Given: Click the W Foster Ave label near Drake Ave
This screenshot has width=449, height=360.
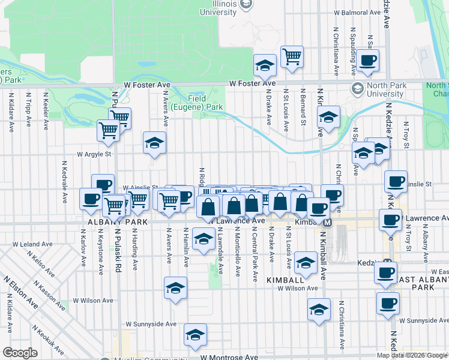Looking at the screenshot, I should point(252,83).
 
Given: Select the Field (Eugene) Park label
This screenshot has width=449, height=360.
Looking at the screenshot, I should point(197,103).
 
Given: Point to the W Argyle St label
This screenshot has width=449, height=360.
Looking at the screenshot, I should point(94,154).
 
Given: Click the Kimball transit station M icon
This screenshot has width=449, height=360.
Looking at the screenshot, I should point(328,223).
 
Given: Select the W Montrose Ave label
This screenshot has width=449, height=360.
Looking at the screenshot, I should point(229,356).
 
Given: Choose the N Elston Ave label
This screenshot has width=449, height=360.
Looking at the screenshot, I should point(20,293).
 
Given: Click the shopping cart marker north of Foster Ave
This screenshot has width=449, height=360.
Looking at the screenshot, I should point(292,57).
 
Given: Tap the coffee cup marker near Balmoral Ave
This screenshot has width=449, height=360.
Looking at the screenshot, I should point(369,60).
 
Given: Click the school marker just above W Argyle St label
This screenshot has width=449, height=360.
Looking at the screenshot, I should point(154,143).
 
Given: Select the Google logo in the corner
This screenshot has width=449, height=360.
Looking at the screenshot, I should point(20,352).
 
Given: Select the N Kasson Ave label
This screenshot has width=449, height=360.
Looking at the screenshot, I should point(53,298).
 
